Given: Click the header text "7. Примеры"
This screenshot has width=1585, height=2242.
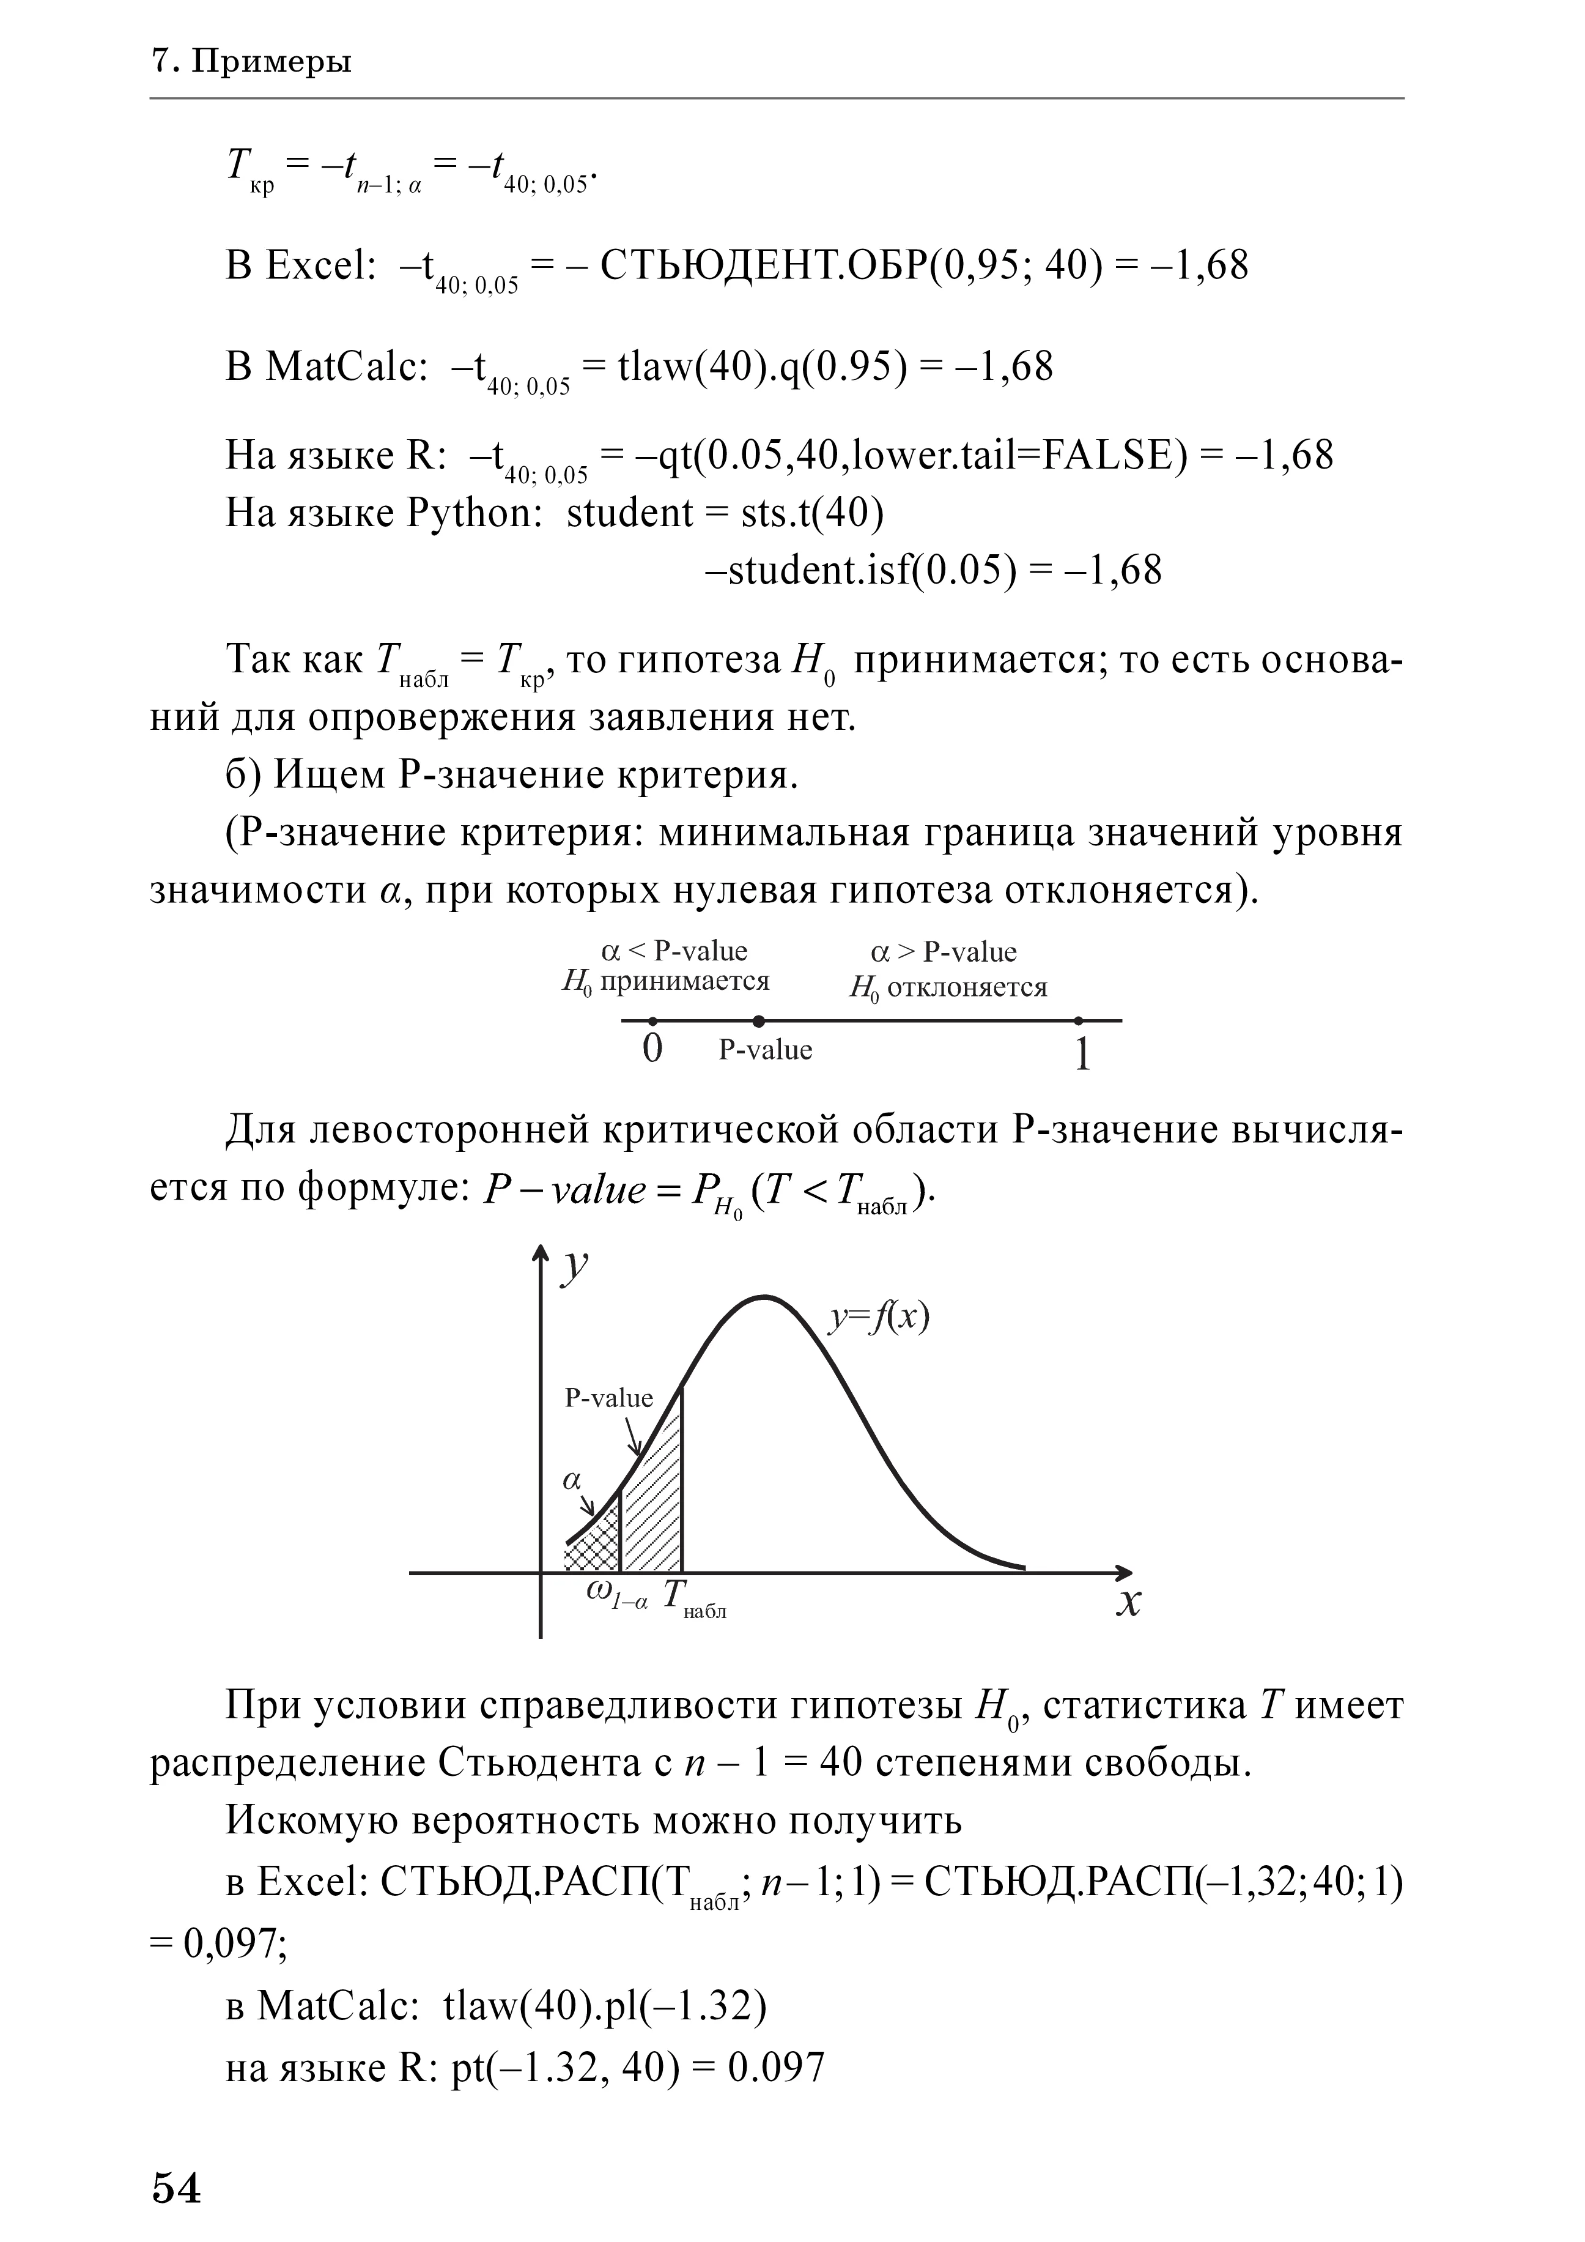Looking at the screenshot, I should click(252, 62).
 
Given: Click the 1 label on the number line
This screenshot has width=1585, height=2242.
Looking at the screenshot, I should click(1081, 1055).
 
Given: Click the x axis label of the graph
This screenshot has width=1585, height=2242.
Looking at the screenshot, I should click(1128, 1602).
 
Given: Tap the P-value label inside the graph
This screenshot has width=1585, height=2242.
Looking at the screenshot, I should click(609, 1398).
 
